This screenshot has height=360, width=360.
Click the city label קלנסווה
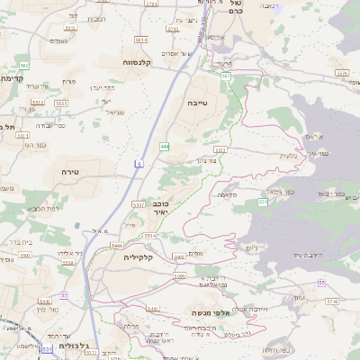coord(143,62)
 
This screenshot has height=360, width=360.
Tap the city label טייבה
coord(197,103)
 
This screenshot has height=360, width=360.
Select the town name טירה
coord(72,171)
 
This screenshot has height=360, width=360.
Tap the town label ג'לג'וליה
coord(73,346)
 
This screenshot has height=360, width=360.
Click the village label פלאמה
coord(228,194)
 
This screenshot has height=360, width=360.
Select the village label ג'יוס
coord(251,247)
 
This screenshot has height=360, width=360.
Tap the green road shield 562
coord(24,66)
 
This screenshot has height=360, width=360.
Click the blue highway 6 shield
coord(139,163)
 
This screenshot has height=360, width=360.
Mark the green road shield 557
coord(263,202)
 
